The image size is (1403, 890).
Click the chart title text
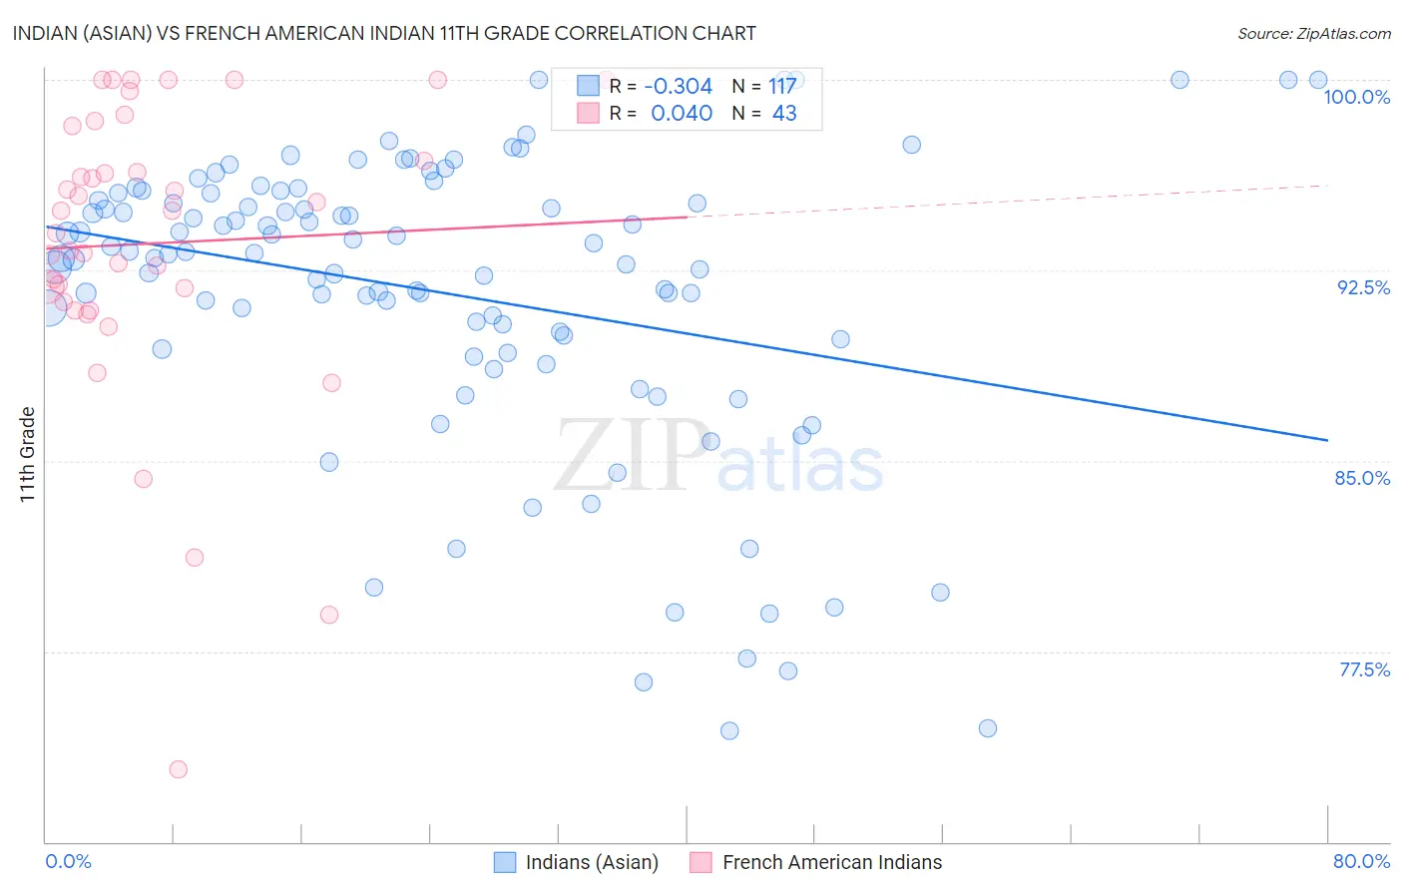pyautogui.click(x=384, y=33)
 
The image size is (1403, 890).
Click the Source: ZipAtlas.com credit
pyautogui.click(x=1313, y=33)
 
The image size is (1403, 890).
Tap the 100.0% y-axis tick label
pyautogui.click(x=1356, y=97)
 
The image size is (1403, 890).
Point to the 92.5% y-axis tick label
pyautogui.click(x=1363, y=287)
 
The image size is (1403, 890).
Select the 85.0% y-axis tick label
pyautogui.click(x=1362, y=478)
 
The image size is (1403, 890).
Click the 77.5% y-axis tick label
pyautogui.click(x=1364, y=669)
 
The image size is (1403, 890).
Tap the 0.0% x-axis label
pyautogui.click(x=68, y=861)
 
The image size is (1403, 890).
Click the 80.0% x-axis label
pyautogui.click(x=1361, y=861)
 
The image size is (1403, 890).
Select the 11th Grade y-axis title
pyautogui.click(x=27, y=454)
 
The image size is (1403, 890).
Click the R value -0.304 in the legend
pyautogui.click(x=679, y=87)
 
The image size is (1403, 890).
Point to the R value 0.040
pyautogui.click(x=682, y=114)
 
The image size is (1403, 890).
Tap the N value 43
pyautogui.click(x=784, y=114)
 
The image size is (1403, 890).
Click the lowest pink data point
pyautogui.click(x=179, y=769)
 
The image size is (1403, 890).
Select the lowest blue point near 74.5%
pyautogui.click(x=729, y=730)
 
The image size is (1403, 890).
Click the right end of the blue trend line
pyautogui.click(x=1327, y=440)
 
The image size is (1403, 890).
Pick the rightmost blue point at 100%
pyautogui.click(x=1318, y=80)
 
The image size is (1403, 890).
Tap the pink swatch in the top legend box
pyautogui.click(x=589, y=114)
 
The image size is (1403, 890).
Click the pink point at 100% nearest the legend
pyautogui.click(x=437, y=80)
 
